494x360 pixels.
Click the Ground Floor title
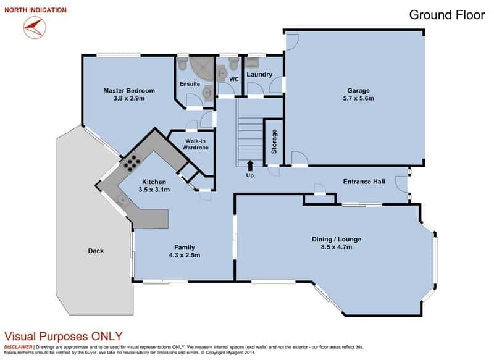pos(447,15)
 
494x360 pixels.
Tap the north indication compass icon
pos(34,27)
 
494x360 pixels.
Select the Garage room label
pos(358,89)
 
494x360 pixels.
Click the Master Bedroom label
pos(128,91)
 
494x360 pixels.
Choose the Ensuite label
pos(189,83)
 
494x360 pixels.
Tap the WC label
pos(233,79)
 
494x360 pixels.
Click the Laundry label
pos(259,75)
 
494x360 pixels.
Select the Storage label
pos(274,142)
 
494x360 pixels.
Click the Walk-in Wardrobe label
pos(192,144)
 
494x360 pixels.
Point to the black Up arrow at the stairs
pos(250,165)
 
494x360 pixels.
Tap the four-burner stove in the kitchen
pos(131,162)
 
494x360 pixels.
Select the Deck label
pos(96,251)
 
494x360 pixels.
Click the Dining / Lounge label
pos(337,239)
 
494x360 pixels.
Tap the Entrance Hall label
pos(364,182)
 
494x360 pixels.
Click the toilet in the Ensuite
pos(182,64)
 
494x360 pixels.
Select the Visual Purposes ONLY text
pos(64,337)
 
